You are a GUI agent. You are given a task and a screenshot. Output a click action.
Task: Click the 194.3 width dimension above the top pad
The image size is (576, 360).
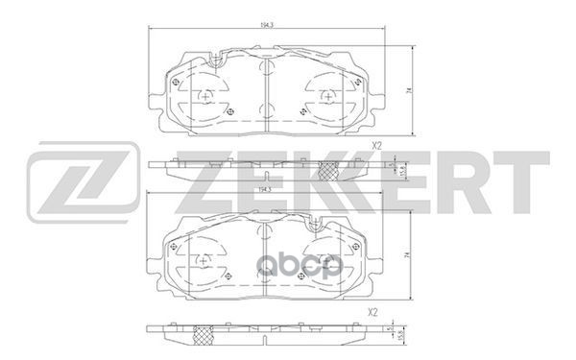click(263, 36)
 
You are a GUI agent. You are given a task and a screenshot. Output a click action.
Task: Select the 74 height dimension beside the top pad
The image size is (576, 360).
click(409, 90)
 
